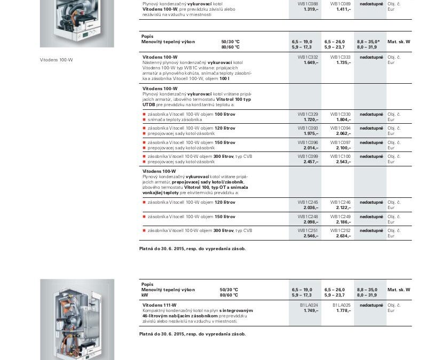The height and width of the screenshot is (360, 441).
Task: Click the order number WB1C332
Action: pos(308,57)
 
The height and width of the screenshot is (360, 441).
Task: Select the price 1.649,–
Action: pos(311,62)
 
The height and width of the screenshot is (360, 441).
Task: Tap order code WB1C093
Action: pos(308,128)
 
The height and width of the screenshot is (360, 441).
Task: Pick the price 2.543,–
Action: pos(343,162)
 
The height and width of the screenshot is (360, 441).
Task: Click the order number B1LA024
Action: pos(309,305)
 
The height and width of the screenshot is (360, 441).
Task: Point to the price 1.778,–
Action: pos(343,310)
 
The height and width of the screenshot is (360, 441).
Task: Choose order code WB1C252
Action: pos(341,230)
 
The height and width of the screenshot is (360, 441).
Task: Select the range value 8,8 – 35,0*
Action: pos(368,41)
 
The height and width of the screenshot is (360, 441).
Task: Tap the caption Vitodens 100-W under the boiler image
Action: pos(57,60)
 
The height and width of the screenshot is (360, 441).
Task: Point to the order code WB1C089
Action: pos(341,4)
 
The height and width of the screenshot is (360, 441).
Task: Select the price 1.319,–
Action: pos(311,9)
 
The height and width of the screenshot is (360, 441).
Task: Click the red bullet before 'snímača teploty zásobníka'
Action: pos(144,119)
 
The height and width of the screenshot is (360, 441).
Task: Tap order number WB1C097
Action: pos(341,142)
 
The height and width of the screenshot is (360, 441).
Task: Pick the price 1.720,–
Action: pos(311,119)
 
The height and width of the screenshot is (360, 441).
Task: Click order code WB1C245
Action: pos(308,202)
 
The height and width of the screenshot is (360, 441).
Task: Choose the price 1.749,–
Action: pos(311,310)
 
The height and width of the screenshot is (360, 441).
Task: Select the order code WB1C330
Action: pos(341,114)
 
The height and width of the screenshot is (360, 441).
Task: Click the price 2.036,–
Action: pos(311,207)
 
